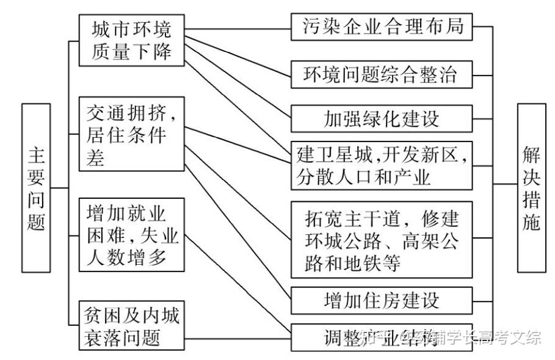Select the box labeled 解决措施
coord(531,188)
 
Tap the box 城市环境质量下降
coord(132,40)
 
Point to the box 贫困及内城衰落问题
coord(132,326)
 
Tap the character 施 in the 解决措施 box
coord(531,222)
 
